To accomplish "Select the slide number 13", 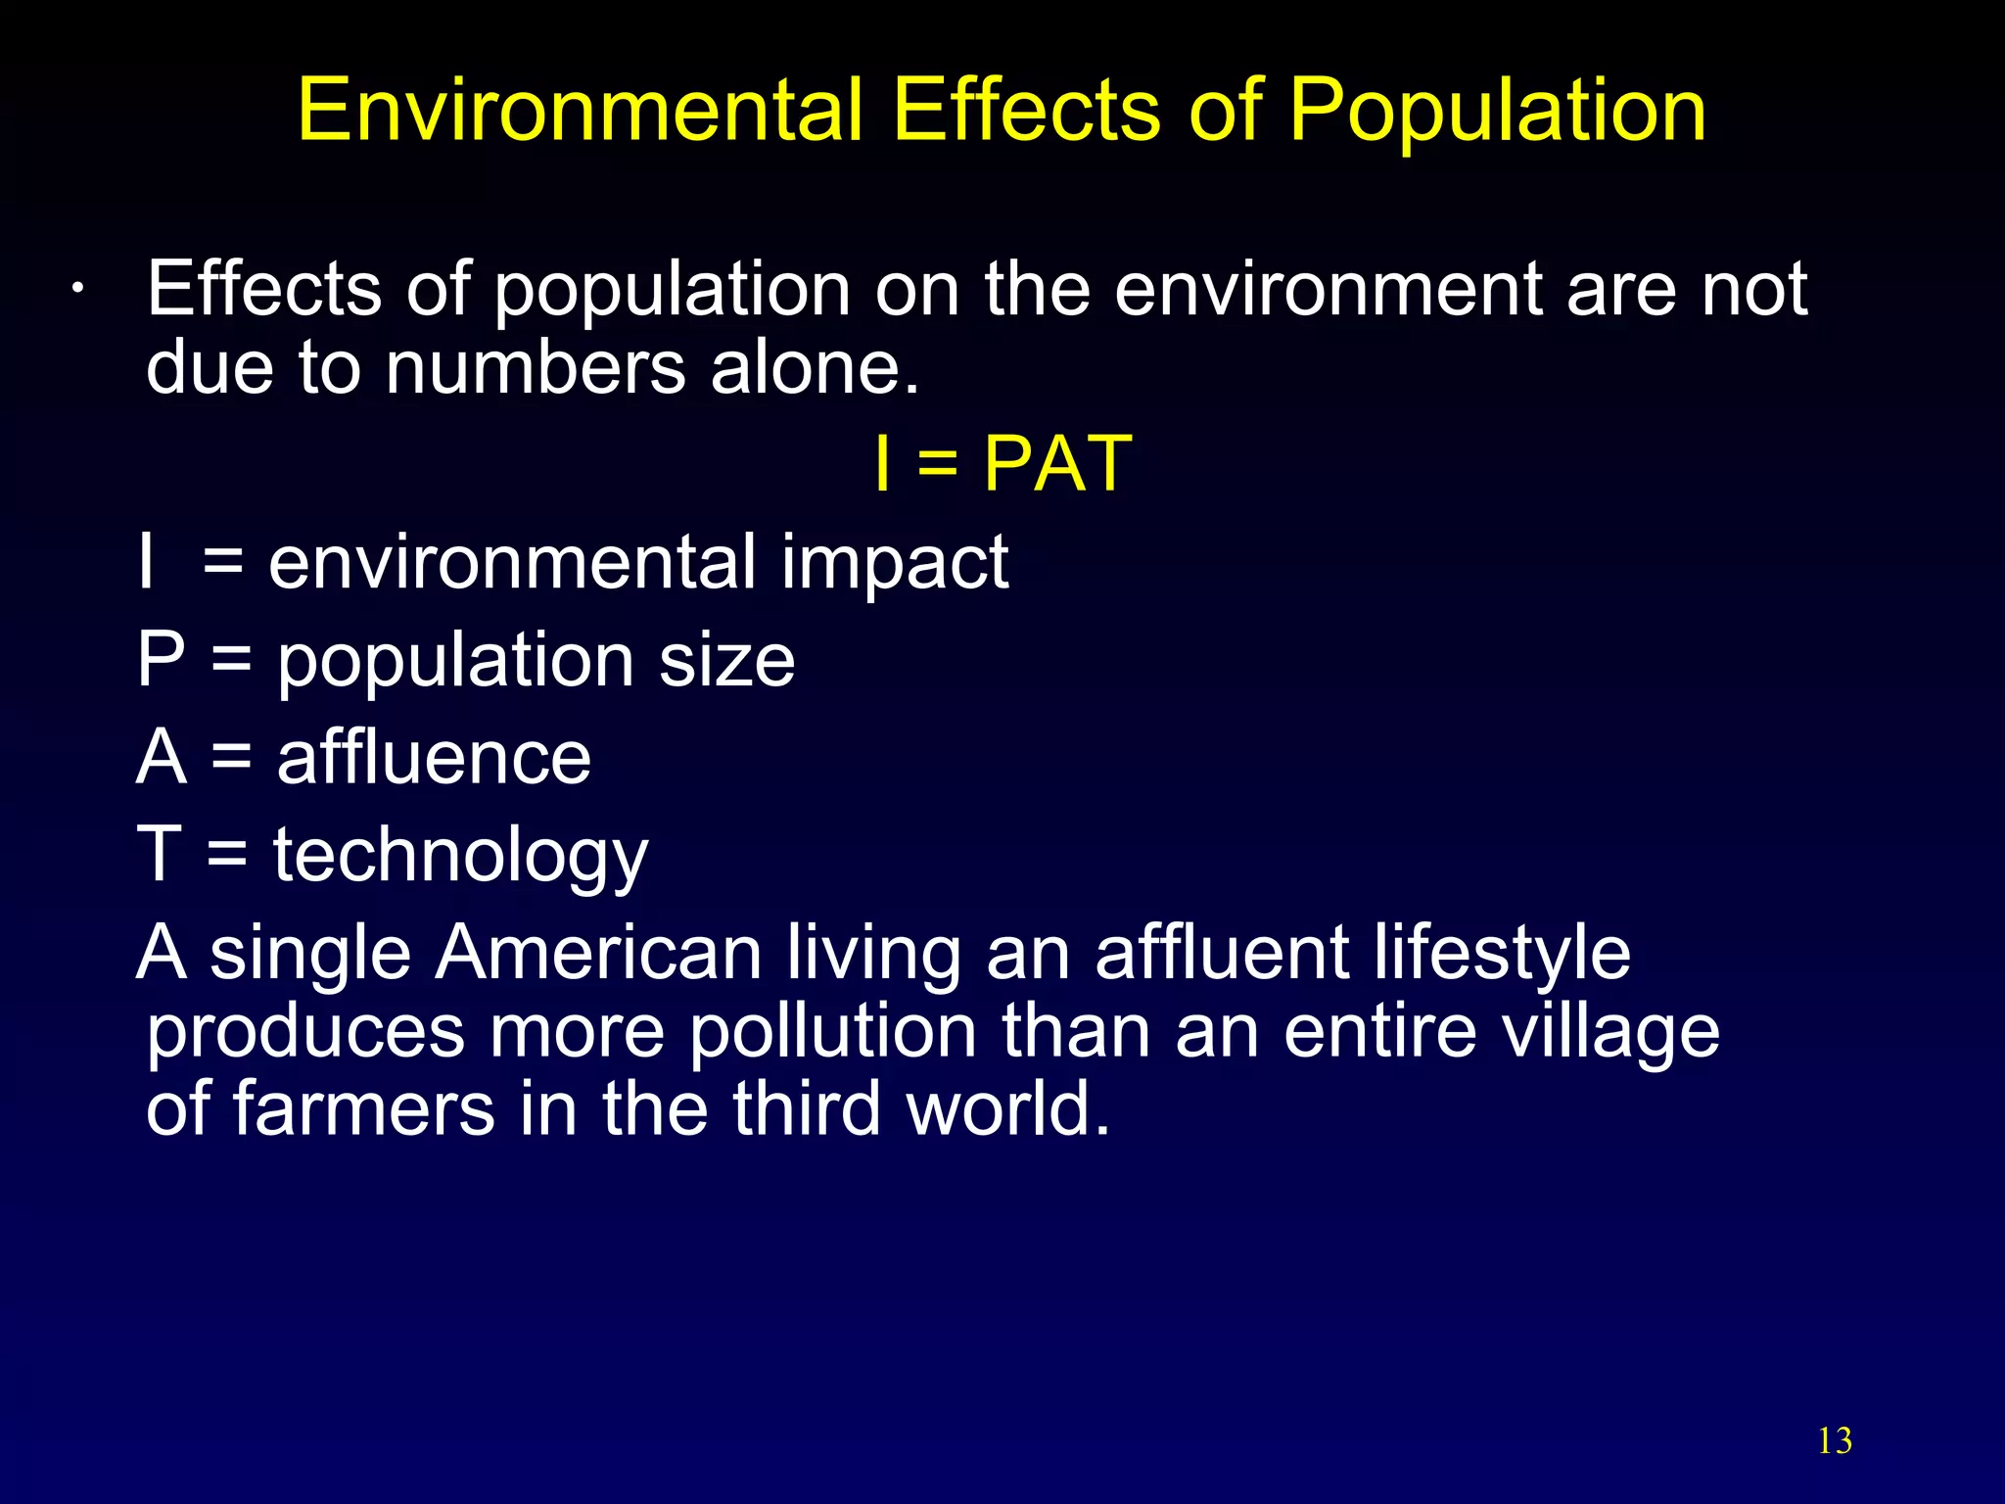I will (1834, 1441).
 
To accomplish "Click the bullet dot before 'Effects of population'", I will (77, 291).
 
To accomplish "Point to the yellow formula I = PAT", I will (1002, 463).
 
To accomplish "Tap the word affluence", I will (434, 758).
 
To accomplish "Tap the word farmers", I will (363, 1110).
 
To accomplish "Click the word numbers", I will (535, 369).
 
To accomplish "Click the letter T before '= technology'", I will (159, 854).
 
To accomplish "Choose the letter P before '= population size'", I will (161, 660).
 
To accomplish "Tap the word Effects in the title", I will (1027, 110).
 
